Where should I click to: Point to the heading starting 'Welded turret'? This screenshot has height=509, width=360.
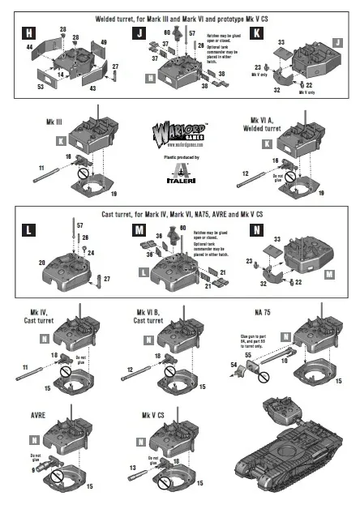tap(180, 16)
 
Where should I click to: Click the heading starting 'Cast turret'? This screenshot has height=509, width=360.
tap(180, 212)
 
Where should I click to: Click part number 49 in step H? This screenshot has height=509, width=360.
tap(104, 41)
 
